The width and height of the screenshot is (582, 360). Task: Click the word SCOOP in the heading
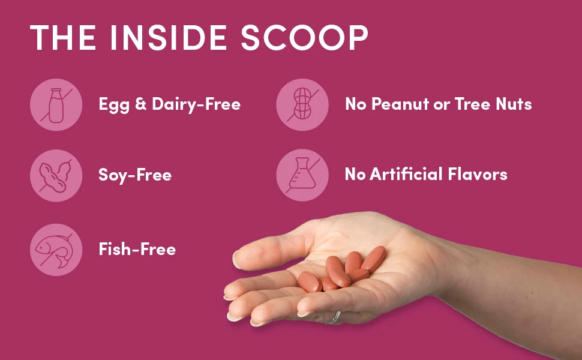[304, 37]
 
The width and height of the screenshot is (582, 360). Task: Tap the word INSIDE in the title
[169, 37]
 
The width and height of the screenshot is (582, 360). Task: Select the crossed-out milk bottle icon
[56, 105]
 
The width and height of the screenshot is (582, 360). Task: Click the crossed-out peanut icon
[302, 105]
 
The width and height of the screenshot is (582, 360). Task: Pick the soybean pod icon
[56, 176]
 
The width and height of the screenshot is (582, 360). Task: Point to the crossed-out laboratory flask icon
[302, 175]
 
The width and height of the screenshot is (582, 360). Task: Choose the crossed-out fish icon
[56, 250]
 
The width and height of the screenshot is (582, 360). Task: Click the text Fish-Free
[137, 249]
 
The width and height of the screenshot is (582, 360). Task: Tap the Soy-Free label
[135, 175]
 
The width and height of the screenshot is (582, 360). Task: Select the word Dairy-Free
[196, 104]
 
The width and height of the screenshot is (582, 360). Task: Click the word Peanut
[400, 104]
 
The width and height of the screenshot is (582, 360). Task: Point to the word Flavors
[478, 174]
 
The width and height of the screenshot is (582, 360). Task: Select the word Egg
[115, 105]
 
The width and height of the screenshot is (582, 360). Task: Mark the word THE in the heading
[63, 37]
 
